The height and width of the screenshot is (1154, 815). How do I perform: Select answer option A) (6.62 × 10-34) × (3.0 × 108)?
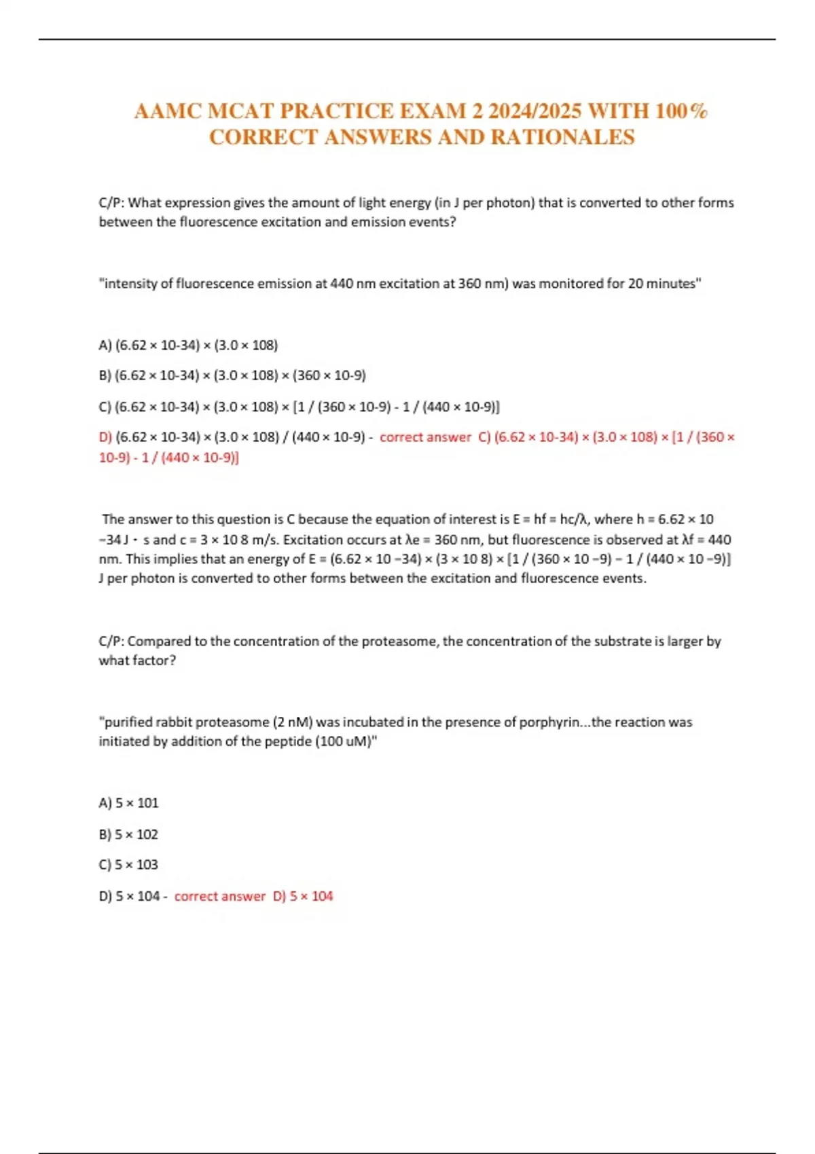[x=188, y=345]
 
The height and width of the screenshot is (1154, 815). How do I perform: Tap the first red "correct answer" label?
[x=425, y=437]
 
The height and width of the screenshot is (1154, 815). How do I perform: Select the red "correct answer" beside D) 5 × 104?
[x=219, y=896]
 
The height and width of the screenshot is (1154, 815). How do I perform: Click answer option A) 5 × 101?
[x=128, y=803]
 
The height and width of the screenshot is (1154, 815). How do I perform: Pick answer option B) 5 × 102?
[x=128, y=834]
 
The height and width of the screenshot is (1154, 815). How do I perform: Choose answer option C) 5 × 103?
[x=128, y=865]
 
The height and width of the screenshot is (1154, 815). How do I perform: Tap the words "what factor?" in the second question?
[x=137, y=660]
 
